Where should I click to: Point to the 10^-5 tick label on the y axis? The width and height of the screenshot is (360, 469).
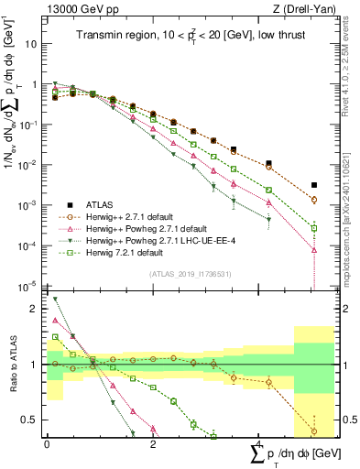point(29,286)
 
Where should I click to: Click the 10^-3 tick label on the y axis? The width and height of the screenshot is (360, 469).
point(29,205)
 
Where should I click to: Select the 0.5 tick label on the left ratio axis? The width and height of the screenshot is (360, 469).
point(29,420)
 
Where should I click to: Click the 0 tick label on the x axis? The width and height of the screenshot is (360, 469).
point(47,443)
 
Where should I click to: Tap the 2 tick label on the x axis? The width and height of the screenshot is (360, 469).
point(153,443)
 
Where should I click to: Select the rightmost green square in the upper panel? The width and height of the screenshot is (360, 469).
point(314,228)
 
